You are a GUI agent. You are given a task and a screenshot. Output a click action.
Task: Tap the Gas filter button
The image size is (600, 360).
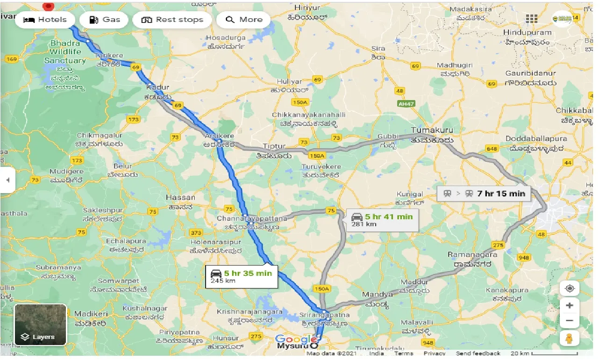(104, 20)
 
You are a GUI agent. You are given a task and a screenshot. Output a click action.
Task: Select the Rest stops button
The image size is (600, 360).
(172, 20)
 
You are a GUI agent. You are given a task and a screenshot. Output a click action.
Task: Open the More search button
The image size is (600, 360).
(243, 20)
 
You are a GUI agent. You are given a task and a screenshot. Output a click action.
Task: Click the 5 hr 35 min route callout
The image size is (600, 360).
(241, 276)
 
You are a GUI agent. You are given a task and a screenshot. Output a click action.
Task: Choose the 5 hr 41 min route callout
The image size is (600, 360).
(382, 220)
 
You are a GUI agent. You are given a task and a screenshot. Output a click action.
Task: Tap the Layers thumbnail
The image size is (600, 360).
(41, 324)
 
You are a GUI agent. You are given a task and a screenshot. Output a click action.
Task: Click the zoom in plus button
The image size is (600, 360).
(569, 306)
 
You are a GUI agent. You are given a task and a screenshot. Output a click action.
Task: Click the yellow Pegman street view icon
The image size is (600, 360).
(569, 338)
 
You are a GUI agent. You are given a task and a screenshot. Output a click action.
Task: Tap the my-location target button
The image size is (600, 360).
(569, 288)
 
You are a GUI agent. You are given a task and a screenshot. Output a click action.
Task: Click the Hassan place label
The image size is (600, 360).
(180, 198)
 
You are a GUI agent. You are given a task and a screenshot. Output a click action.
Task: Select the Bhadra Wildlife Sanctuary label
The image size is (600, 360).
(65, 51)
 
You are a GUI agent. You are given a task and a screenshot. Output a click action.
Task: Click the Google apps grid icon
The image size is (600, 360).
(531, 19)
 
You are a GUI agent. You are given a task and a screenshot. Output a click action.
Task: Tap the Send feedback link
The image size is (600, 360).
(478, 353)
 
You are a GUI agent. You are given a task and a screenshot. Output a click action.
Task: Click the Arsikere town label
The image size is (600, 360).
(219, 136)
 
